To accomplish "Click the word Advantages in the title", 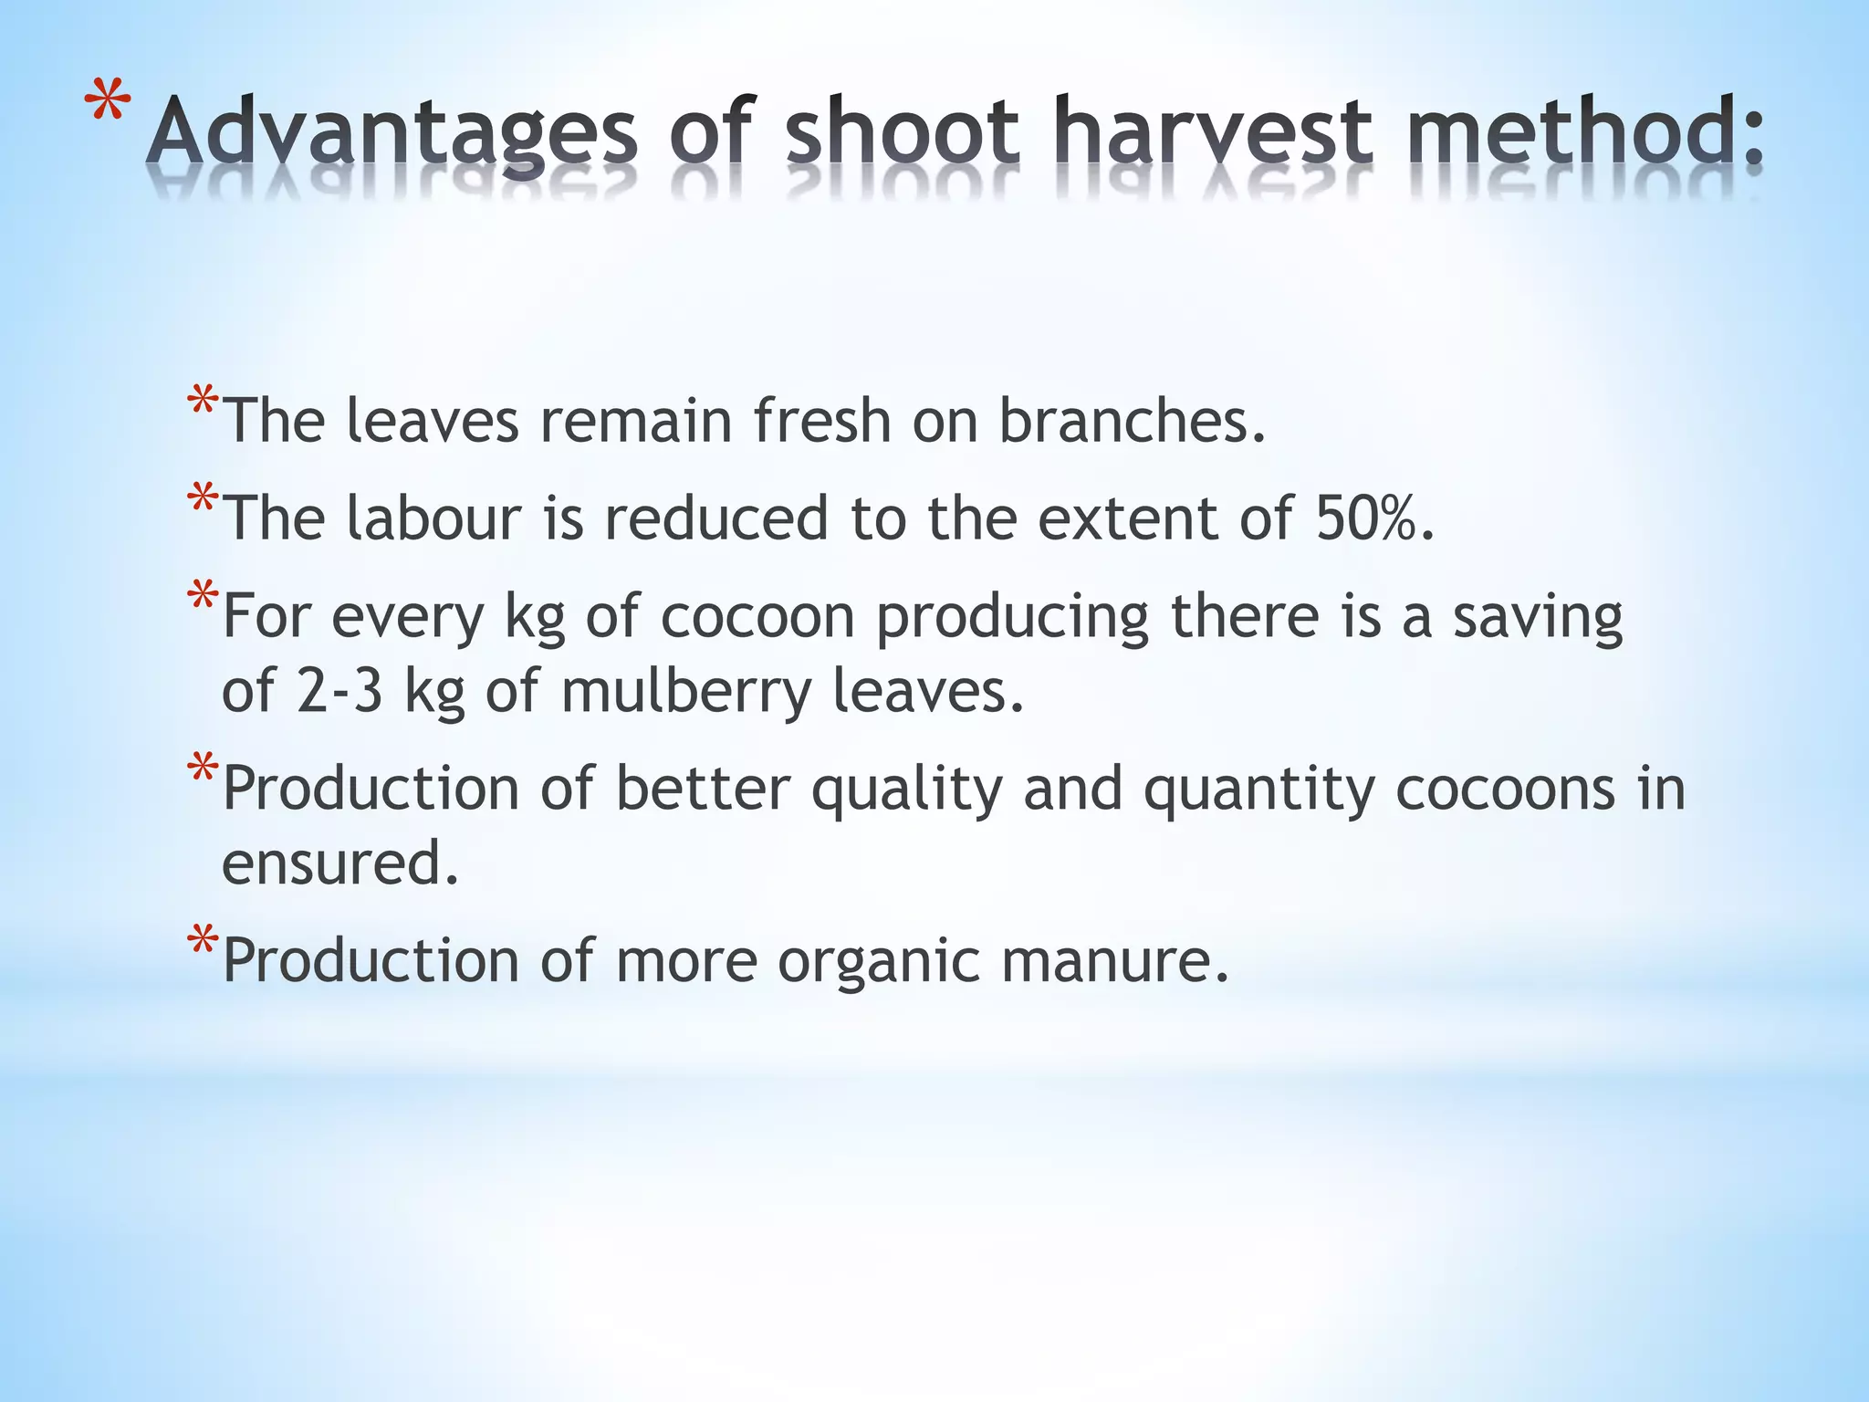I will tap(392, 134).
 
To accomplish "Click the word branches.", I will tap(1133, 421).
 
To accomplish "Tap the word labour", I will tap(434, 518).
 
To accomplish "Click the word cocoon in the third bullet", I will tap(757, 616).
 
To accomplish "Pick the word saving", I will tap(1538, 618).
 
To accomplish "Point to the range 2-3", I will tap(339, 690).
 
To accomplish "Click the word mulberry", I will tap(685, 692).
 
